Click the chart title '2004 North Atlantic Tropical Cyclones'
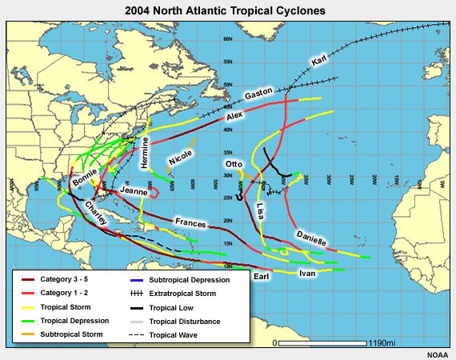pyautogui.click(x=228, y=10)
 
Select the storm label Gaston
pyautogui.click(x=258, y=94)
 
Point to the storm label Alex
pyautogui.click(x=234, y=116)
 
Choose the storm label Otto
pyautogui.click(x=234, y=166)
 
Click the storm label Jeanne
pyautogui.click(x=132, y=192)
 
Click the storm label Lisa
pyautogui.click(x=261, y=212)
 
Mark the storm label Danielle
pyautogui.click(x=310, y=238)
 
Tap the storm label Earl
pyautogui.click(x=260, y=277)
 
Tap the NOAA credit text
pyautogui.click(x=438, y=354)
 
